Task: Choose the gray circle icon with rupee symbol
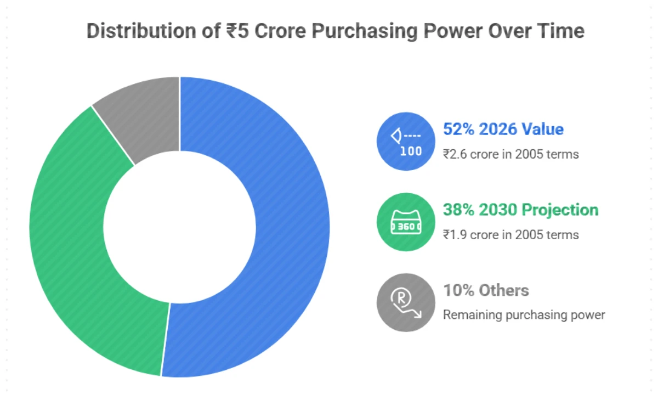click(405, 303)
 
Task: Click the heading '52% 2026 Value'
click(503, 130)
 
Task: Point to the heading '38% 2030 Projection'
click(520, 210)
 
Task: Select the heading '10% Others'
click(486, 290)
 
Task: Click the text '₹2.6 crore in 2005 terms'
click(510, 154)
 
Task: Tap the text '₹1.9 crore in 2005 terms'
click(510, 235)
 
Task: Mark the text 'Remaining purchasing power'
click(524, 315)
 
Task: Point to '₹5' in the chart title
click(237, 31)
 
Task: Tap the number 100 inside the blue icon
click(411, 151)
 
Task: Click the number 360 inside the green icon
click(405, 226)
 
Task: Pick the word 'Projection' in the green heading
click(560, 210)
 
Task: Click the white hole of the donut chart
click(180, 227)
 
